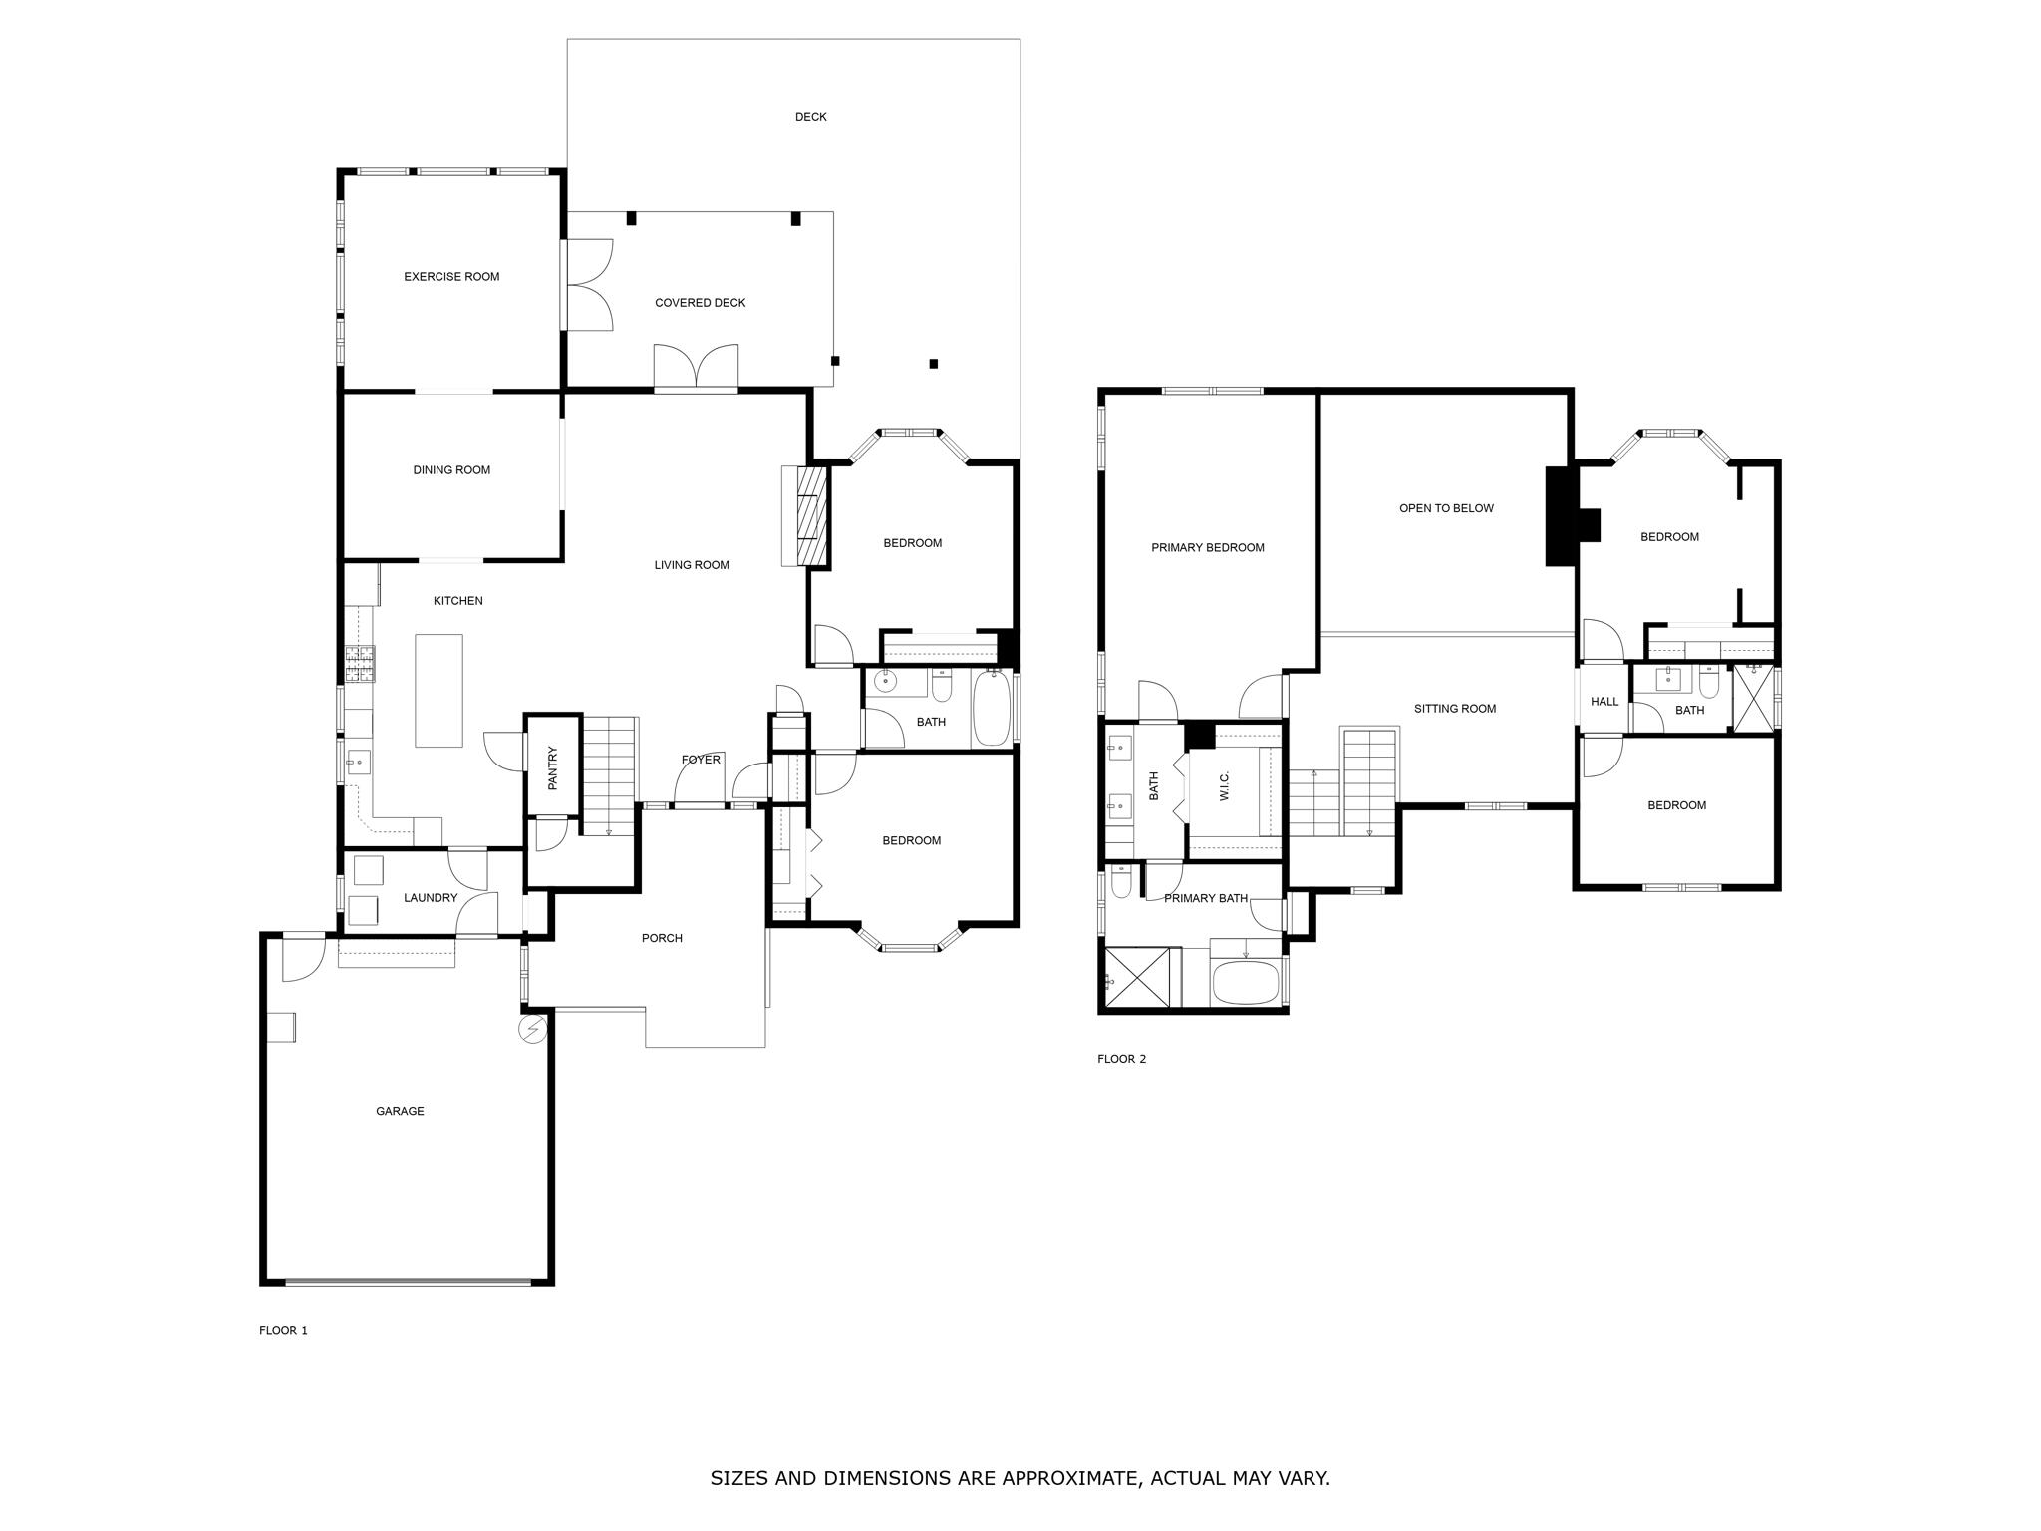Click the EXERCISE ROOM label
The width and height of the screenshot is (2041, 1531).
click(x=451, y=277)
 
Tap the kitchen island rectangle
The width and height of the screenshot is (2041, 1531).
click(x=438, y=691)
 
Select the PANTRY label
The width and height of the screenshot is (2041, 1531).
click(x=552, y=768)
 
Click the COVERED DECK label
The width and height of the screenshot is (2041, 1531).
click(x=700, y=303)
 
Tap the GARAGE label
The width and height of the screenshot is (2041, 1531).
click(x=400, y=1111)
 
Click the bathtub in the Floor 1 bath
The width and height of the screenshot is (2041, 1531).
click(x=991, y=708)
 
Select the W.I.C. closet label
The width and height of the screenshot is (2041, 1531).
click(x=1224, y=785)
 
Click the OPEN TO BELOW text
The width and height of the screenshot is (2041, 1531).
click(x=1446, y=508)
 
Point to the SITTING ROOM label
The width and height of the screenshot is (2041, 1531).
click(x=1455, y=709)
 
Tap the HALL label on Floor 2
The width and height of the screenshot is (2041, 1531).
click(x=1604, y=702)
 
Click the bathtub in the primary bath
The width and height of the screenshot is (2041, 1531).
click(x=1245, y=983)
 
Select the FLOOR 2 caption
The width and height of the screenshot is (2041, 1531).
click(x=1121, y=1059)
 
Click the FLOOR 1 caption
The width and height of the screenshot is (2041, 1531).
click(x=283, y=1330)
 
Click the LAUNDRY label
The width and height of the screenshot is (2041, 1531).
click(x=431, y=898)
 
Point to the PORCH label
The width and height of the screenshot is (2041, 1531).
click(x=662, y=938)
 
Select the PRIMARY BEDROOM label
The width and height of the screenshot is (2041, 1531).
click(x=1208, y=547)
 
